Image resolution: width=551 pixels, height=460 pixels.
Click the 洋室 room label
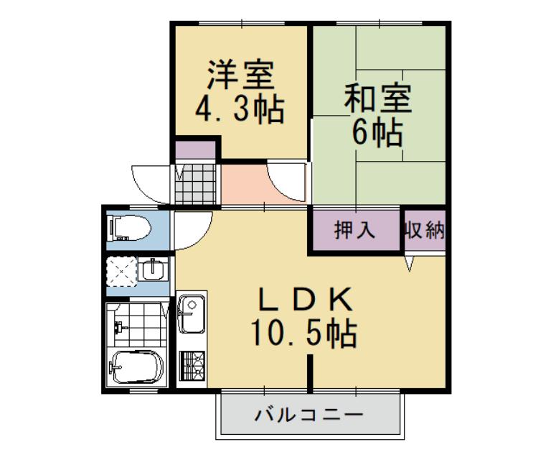240,75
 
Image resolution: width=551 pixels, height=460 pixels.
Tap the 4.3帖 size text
240,111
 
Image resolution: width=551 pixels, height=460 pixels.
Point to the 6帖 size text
378,134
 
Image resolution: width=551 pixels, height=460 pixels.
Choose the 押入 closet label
355,231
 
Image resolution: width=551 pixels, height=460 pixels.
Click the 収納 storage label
424,231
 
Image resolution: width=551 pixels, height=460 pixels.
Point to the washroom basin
152,271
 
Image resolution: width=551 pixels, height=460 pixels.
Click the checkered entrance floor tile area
196,184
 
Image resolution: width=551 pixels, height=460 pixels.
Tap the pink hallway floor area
248,185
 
